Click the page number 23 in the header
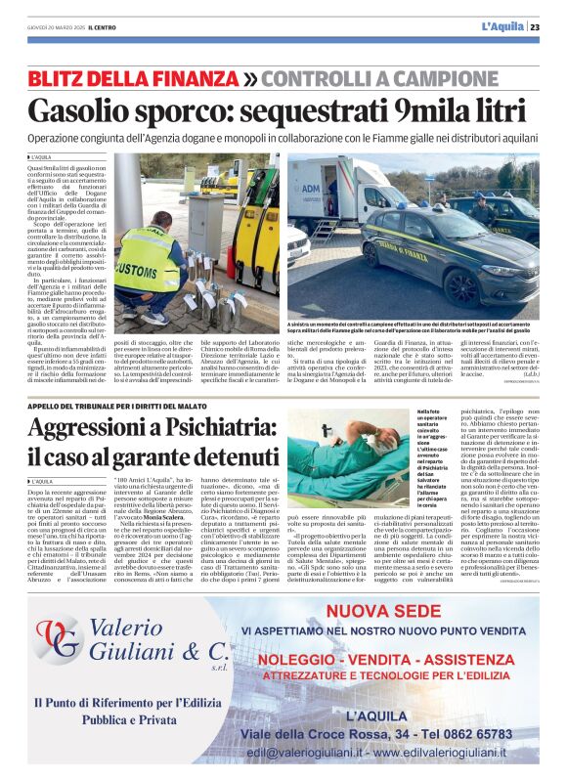[x=535, y=27]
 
